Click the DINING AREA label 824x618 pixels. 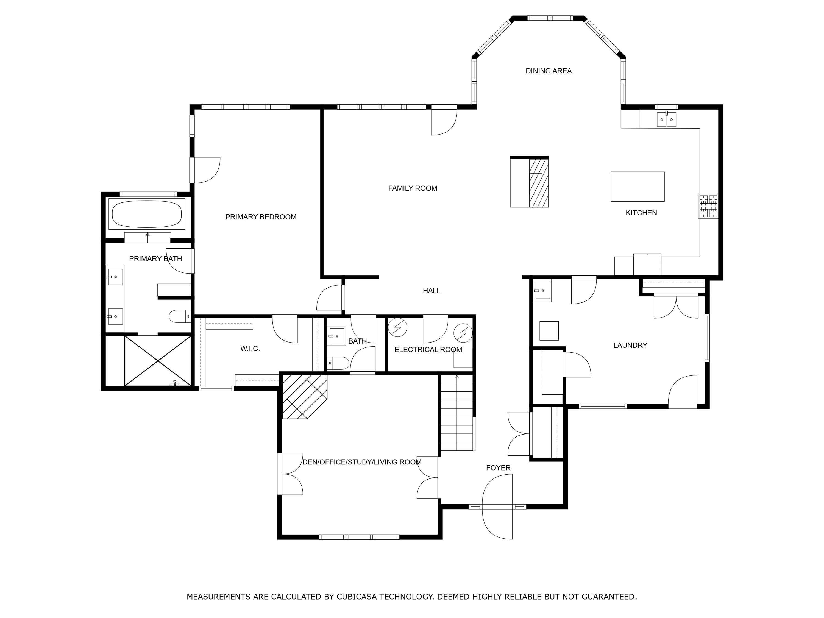(548, 71)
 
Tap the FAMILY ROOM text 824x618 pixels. (412, 188)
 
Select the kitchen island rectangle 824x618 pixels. (638, 186)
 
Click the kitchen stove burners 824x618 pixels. (708, 206)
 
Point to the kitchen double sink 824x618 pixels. (666, 119)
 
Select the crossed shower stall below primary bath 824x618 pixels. (158, 361)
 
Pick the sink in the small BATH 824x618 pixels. (337, 336)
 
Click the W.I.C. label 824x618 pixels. (250, 349)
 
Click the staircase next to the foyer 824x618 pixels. (457, 413)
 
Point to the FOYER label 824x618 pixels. (498, 468)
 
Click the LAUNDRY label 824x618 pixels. (630, 345)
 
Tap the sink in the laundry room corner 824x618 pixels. (542, 291)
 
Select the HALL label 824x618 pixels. (432, 291)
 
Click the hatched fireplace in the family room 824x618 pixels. (538, 183)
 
